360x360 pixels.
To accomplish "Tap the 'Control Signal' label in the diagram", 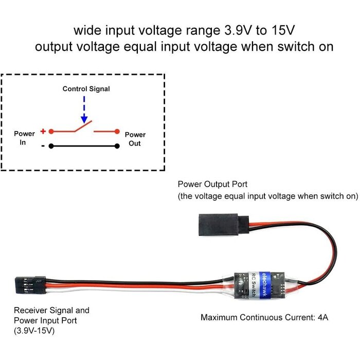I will (86, 89).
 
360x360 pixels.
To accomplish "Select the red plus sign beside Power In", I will (43, 131).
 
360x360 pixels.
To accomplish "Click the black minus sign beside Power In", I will (43, 146).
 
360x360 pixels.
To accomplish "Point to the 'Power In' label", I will (24, 138).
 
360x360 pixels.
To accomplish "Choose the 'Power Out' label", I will (135, 139).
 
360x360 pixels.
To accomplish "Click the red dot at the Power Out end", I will (117, 131).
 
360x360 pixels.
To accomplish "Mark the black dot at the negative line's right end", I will (117, 146).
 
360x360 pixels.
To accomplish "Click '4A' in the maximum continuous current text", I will (322, 317).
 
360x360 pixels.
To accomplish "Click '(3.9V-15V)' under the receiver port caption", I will (34, 330).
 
